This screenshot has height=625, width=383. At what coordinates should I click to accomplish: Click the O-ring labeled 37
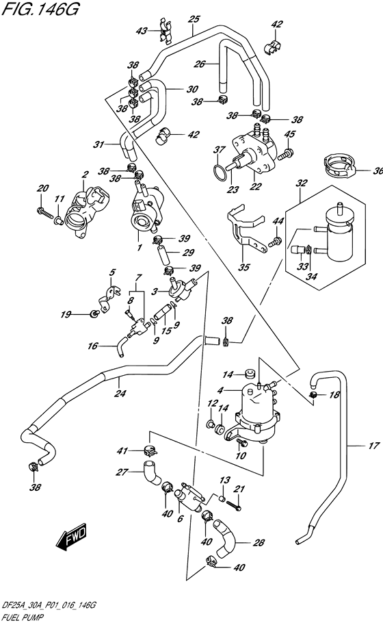coord(217,171)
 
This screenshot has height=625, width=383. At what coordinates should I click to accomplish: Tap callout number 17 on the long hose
coord(373,446)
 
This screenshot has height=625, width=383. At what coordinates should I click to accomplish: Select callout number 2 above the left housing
coord(86,175)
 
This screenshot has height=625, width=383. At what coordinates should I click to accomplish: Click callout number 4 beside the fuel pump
coord(220,391)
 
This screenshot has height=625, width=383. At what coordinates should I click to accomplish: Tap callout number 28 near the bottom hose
coord(259,544)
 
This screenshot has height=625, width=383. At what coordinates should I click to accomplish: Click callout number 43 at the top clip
coord(142,31)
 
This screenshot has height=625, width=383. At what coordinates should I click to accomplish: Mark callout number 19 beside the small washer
coord(66,315)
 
